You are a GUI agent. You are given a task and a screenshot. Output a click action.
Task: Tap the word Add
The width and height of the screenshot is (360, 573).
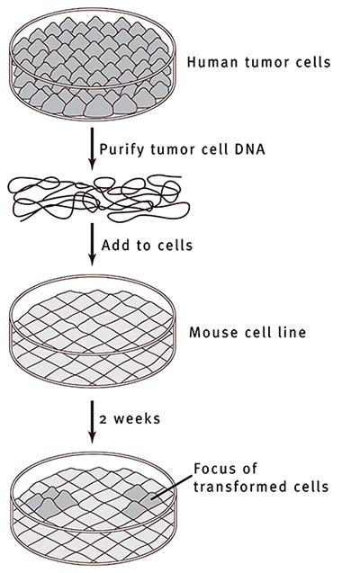click(115, 245)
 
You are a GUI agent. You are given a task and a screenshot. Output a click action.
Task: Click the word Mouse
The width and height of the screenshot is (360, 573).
click(210, 332)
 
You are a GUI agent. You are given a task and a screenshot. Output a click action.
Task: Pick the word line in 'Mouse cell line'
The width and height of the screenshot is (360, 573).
click(291, 332)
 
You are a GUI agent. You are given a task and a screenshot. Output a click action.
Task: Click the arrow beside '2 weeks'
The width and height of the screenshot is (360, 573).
click(89, 419)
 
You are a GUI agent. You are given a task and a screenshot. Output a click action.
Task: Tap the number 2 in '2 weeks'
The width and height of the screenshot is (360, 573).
click(104, 419)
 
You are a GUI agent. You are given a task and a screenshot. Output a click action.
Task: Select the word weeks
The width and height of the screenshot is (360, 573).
click(132, 419)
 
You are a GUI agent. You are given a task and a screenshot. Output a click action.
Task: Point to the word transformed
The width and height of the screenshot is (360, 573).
click(231, 487)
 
